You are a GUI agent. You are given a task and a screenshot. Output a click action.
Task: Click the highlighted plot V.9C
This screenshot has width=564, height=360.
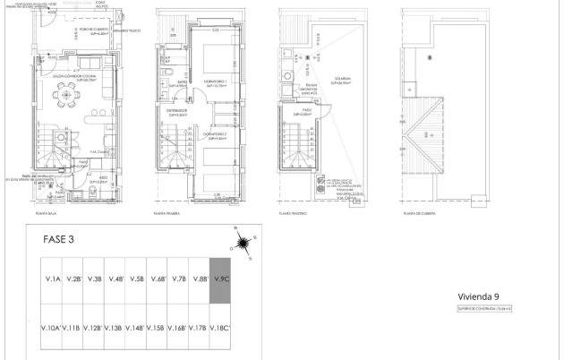pos(221,279)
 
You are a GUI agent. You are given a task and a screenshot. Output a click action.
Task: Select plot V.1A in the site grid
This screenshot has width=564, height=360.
pos(51,279)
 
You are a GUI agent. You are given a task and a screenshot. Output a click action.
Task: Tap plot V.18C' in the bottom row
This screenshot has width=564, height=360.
pos(221,329)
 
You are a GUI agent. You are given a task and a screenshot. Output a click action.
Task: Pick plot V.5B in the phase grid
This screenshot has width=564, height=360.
pos(136,279)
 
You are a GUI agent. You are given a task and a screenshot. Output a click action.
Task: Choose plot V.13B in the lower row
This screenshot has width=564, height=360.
pos(115,329)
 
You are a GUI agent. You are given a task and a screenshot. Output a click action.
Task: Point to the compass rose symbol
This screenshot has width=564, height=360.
pos(242,239)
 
